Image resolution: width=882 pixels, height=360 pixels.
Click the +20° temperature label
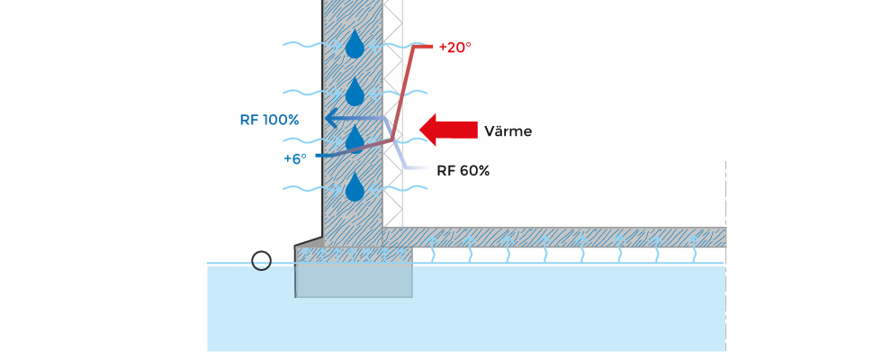454,47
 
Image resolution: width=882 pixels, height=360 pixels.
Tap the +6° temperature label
295,157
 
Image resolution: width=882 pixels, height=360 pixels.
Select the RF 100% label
269,120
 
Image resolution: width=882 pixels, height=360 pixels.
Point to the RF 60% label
463,170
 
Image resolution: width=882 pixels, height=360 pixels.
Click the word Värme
508,131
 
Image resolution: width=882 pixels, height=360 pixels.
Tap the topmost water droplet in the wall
355,44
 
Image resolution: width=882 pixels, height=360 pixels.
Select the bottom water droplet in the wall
355,187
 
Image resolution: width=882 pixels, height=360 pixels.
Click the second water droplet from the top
355,92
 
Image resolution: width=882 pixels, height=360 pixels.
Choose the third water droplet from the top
355,139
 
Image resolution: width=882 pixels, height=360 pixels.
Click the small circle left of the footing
261,261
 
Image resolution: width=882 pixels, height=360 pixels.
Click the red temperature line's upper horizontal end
422,47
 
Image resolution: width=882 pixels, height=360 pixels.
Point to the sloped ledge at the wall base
309,241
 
